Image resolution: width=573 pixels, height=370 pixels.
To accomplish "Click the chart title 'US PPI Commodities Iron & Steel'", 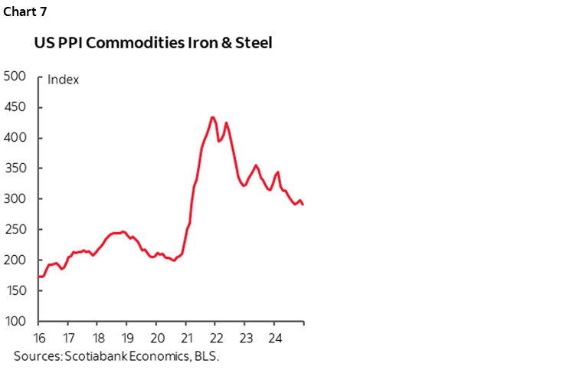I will pyautogui.click(x=153, y=44).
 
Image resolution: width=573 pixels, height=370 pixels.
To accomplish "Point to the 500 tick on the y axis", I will pyautogui.click(x=15, y=77).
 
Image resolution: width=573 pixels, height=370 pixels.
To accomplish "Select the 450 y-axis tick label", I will pyautogui.click(x=15, y=107).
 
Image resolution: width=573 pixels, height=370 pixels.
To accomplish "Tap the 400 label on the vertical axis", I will pyautogui.click(x=15, y=138).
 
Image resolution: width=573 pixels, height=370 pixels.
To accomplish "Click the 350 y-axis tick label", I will pyautogui.click(x=15, y=169).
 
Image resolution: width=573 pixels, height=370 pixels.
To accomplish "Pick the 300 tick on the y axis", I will pyautogui.click(x=15, y=199).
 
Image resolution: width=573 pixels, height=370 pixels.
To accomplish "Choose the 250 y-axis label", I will pyautogui.click(x=15, y=230).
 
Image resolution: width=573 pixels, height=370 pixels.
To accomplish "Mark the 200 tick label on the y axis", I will pyautogui.click(x=15, y=260).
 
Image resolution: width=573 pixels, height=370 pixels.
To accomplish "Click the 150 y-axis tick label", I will pyautogui.click(x=15, y=291).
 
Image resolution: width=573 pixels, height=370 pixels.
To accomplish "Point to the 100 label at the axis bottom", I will pyautogui.click(x=15, y=322).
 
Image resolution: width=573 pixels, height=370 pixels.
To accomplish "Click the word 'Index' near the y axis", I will pyautogui.click(x=64, y=80).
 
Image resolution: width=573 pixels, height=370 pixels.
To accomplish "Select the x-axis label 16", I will pyautogui.click(x=38, y=338).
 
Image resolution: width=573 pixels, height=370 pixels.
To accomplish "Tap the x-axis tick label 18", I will pyautogui.click(x=97, y=338).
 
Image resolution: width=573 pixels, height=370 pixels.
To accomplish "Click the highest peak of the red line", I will pyautogui.click(x=212, y=117).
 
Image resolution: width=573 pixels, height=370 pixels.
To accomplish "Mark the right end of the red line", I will pyautogui.click(x=303, y=205).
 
